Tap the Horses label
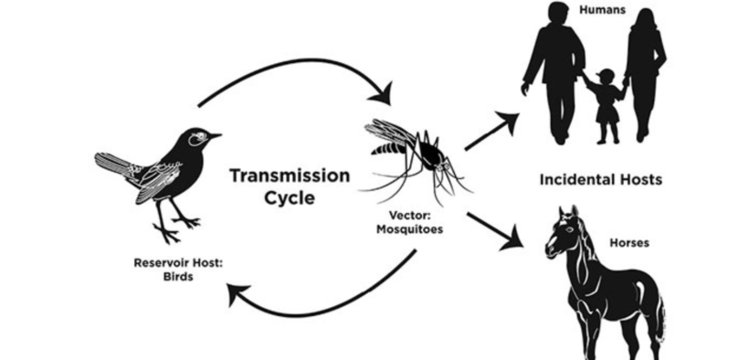[x=629, y=244]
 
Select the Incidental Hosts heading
[x=598, y=180]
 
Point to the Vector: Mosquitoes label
[x=409, y=223]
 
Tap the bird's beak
[x=216, y=136]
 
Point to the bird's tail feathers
[x=114, y=165]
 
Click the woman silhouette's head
[x=643, y=20]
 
